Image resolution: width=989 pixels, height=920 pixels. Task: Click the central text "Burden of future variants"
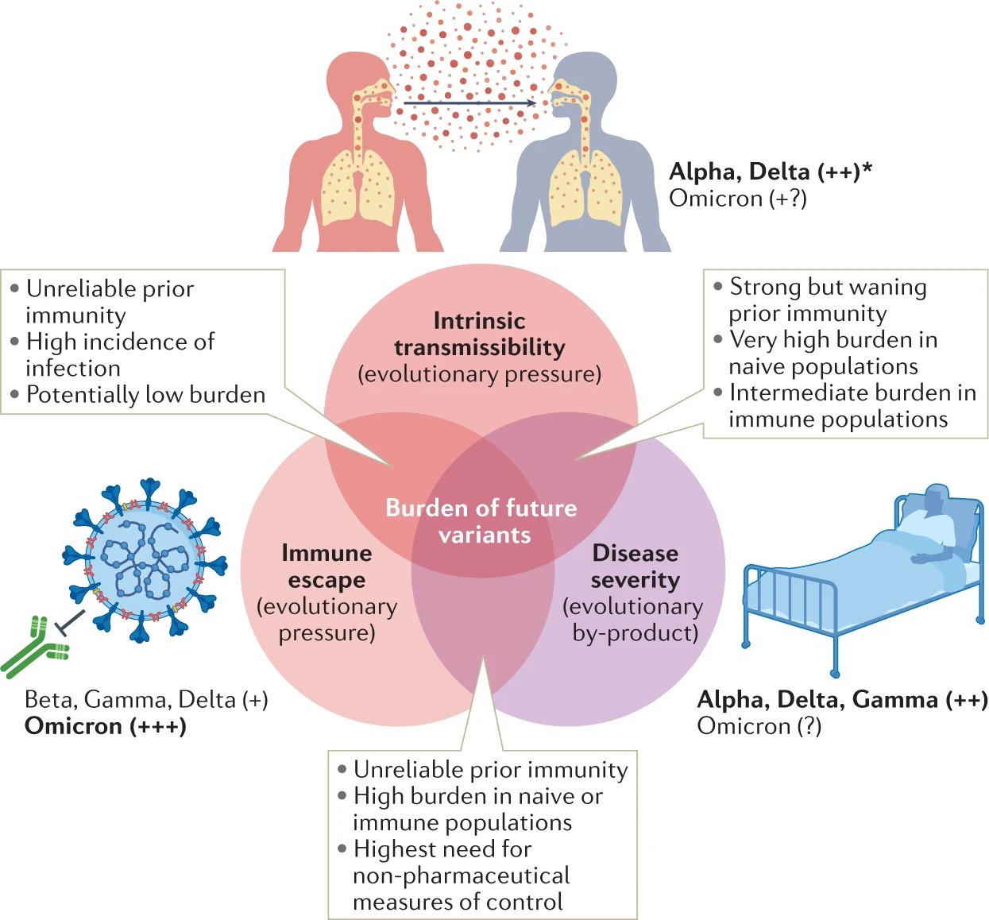(481, 521)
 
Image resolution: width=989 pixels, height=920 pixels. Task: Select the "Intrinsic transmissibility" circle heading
(480, 334)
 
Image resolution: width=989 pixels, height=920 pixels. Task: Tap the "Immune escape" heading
(326, 566)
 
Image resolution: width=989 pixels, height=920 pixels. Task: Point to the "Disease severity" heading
(635, 566)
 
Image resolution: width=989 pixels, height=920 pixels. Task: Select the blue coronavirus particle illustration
(144, 559)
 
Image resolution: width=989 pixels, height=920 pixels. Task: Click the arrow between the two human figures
(469, 103)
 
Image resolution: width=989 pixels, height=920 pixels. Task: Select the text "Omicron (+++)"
(106, 726)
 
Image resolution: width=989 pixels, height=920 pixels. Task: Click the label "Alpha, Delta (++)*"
(770, 172)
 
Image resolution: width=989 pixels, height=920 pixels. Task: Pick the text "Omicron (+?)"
(738, 199)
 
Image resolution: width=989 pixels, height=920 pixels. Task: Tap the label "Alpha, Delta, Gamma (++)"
(842, 700)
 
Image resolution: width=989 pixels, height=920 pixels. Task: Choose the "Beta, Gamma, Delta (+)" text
(146, 700)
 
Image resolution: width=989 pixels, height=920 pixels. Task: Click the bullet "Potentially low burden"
(145, 395)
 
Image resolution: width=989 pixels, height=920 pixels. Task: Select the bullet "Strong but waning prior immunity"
(827, 300)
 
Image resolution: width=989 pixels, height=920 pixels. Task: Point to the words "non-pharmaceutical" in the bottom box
(461, 876)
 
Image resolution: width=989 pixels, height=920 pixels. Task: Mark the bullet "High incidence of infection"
(119, 354)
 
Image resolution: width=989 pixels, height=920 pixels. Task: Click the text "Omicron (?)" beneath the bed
(759, 726)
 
